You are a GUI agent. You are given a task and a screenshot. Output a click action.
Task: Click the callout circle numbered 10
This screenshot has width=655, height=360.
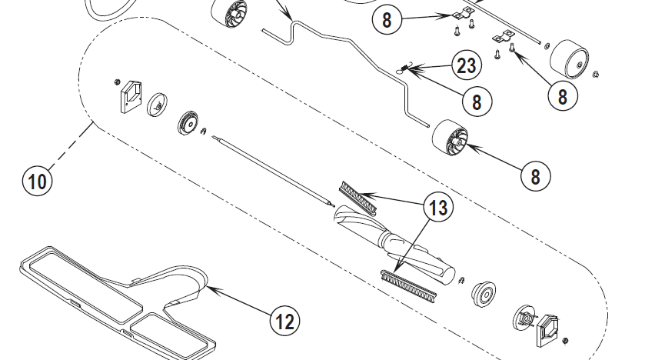[37, 181]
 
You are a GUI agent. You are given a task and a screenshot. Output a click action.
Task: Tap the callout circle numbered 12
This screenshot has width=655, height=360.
[285, 321]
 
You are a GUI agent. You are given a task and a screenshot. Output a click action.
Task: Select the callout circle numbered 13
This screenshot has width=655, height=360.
[437, 207]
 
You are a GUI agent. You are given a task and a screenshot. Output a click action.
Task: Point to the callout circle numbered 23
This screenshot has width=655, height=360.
[467, 65]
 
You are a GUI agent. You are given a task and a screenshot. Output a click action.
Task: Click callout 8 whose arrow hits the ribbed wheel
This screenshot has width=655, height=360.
[536, 176]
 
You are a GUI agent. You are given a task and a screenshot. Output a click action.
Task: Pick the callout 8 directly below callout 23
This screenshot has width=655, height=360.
[477, 102]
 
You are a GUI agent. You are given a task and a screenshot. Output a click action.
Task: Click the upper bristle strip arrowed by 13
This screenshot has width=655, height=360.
[358, 198]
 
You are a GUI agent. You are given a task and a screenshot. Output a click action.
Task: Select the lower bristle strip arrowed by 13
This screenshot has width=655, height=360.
[409, 285]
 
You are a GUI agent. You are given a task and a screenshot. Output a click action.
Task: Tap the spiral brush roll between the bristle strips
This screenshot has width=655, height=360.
[394, 242]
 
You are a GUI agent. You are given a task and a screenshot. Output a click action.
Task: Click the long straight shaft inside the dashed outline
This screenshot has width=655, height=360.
[274, 171]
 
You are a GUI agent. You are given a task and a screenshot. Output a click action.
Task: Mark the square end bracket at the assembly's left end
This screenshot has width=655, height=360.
[131, 97]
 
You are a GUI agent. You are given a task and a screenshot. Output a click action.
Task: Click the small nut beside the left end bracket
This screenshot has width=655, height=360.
[118, 82]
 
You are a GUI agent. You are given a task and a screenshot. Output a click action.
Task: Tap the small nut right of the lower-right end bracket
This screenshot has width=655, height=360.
[565, 341]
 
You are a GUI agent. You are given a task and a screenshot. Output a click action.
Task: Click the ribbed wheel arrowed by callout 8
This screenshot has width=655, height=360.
[450, 138]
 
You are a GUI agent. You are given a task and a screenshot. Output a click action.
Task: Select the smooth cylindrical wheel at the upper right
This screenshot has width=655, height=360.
[569, 59]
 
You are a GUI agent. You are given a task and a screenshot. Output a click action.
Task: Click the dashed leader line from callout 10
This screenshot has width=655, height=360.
[70, 145]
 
